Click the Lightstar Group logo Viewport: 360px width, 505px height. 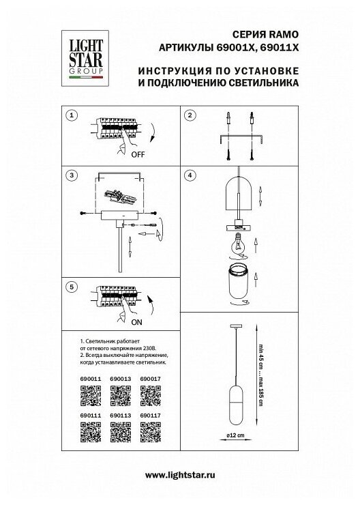tap(85, 58)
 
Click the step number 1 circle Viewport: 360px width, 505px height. tap(72, 115)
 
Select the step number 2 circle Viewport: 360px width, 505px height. tap(190, 115)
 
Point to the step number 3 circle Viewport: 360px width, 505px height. tap(72, 175)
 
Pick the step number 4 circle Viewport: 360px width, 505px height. tap(190, 175)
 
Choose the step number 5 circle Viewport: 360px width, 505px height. tap(72, 287)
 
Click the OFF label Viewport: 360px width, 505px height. tap(138, 155)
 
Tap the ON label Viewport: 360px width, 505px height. tap(137, 322)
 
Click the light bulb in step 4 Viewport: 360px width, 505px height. tap(238, 244)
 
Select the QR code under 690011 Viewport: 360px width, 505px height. tap(91, 396)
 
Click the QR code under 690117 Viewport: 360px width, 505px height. tap(151, 432)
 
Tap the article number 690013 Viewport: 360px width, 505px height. tap(120, 379)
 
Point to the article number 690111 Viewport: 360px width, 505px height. tap(91, 416)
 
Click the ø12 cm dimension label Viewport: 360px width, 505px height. tap(235, 435)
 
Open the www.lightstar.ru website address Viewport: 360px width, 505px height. tap(180, 475)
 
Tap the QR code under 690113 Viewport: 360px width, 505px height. tap(120, 432)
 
